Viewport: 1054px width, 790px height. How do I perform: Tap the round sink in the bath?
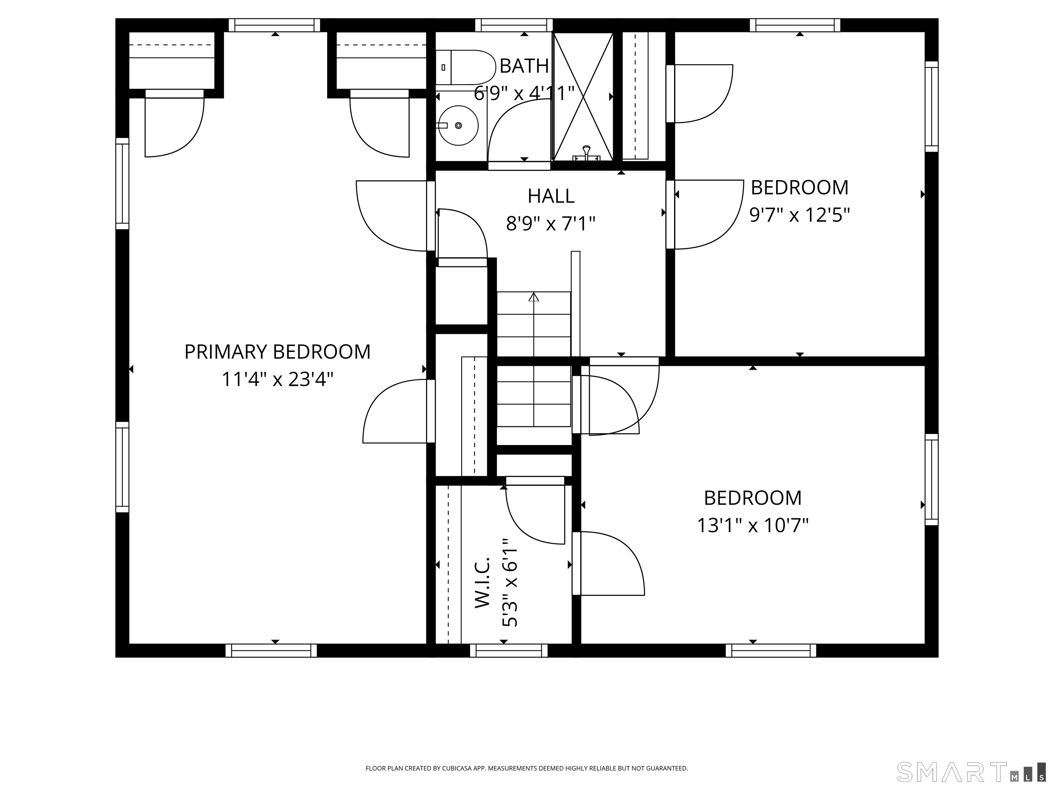click(458, 125)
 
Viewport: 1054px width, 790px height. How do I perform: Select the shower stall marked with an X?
click(582, 96)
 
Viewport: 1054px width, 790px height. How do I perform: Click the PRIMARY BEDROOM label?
click(277, 352)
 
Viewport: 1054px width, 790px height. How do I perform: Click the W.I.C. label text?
click(483, 582)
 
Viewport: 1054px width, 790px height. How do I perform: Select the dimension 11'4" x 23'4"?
click(277, 380)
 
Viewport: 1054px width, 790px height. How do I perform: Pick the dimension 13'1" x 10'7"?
click(753, 526)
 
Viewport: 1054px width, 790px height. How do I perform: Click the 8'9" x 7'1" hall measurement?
click(551, 223)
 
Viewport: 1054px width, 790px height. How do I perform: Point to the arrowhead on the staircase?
click(534, 297)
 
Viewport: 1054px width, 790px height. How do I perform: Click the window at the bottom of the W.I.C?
click(508, 650)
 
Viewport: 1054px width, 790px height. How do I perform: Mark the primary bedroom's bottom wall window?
click(271, 650)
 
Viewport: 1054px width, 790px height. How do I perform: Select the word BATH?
click(524, 66)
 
